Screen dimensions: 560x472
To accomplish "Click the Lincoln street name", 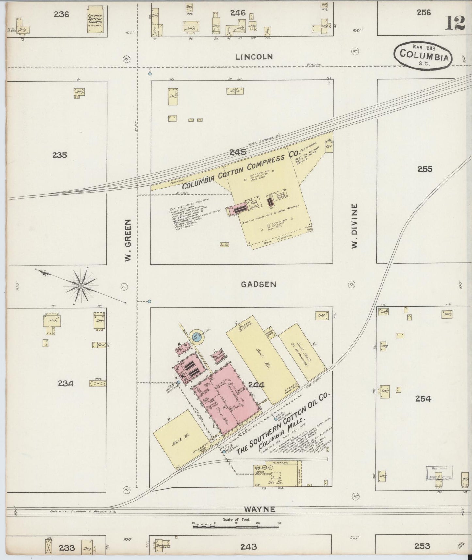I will point(254,57).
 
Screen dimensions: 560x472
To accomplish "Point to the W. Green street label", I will point(128,240).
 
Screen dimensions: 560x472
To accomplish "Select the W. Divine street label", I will point(355,226).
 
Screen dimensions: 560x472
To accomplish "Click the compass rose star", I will point(80,286).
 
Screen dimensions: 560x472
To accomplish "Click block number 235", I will point(59,155).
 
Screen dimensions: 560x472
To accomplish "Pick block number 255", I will point(425,169).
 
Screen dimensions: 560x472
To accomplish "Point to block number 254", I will point(423,398).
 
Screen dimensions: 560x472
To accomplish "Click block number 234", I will point(66,383).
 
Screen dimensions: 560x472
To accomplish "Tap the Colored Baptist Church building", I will point(95,20).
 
